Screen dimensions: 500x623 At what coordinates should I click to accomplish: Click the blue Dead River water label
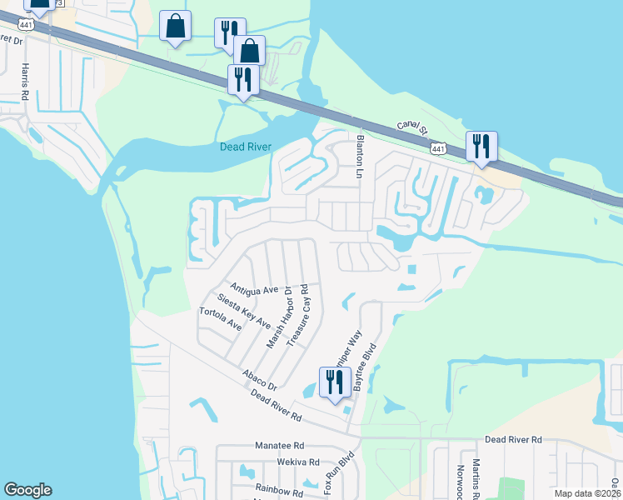(246, 147)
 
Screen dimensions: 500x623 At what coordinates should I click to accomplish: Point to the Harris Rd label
(26, 81)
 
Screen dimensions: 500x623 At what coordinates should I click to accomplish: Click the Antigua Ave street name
(254, 289)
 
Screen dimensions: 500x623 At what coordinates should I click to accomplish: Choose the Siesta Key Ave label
(243, 310)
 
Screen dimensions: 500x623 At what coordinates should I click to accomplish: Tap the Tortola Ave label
(220, 319)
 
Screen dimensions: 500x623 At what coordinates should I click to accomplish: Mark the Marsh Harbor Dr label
(278, 317)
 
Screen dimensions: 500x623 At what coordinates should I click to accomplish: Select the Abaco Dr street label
(260, 381)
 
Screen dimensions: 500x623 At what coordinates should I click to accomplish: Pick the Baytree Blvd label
(365, 369)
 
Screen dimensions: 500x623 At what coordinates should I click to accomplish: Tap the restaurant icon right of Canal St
(481, 146)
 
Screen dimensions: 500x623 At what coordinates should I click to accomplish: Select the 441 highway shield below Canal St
(436, 148)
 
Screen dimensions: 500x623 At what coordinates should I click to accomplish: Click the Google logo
(27, 490)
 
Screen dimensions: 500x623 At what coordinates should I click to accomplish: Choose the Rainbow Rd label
(279, 491)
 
